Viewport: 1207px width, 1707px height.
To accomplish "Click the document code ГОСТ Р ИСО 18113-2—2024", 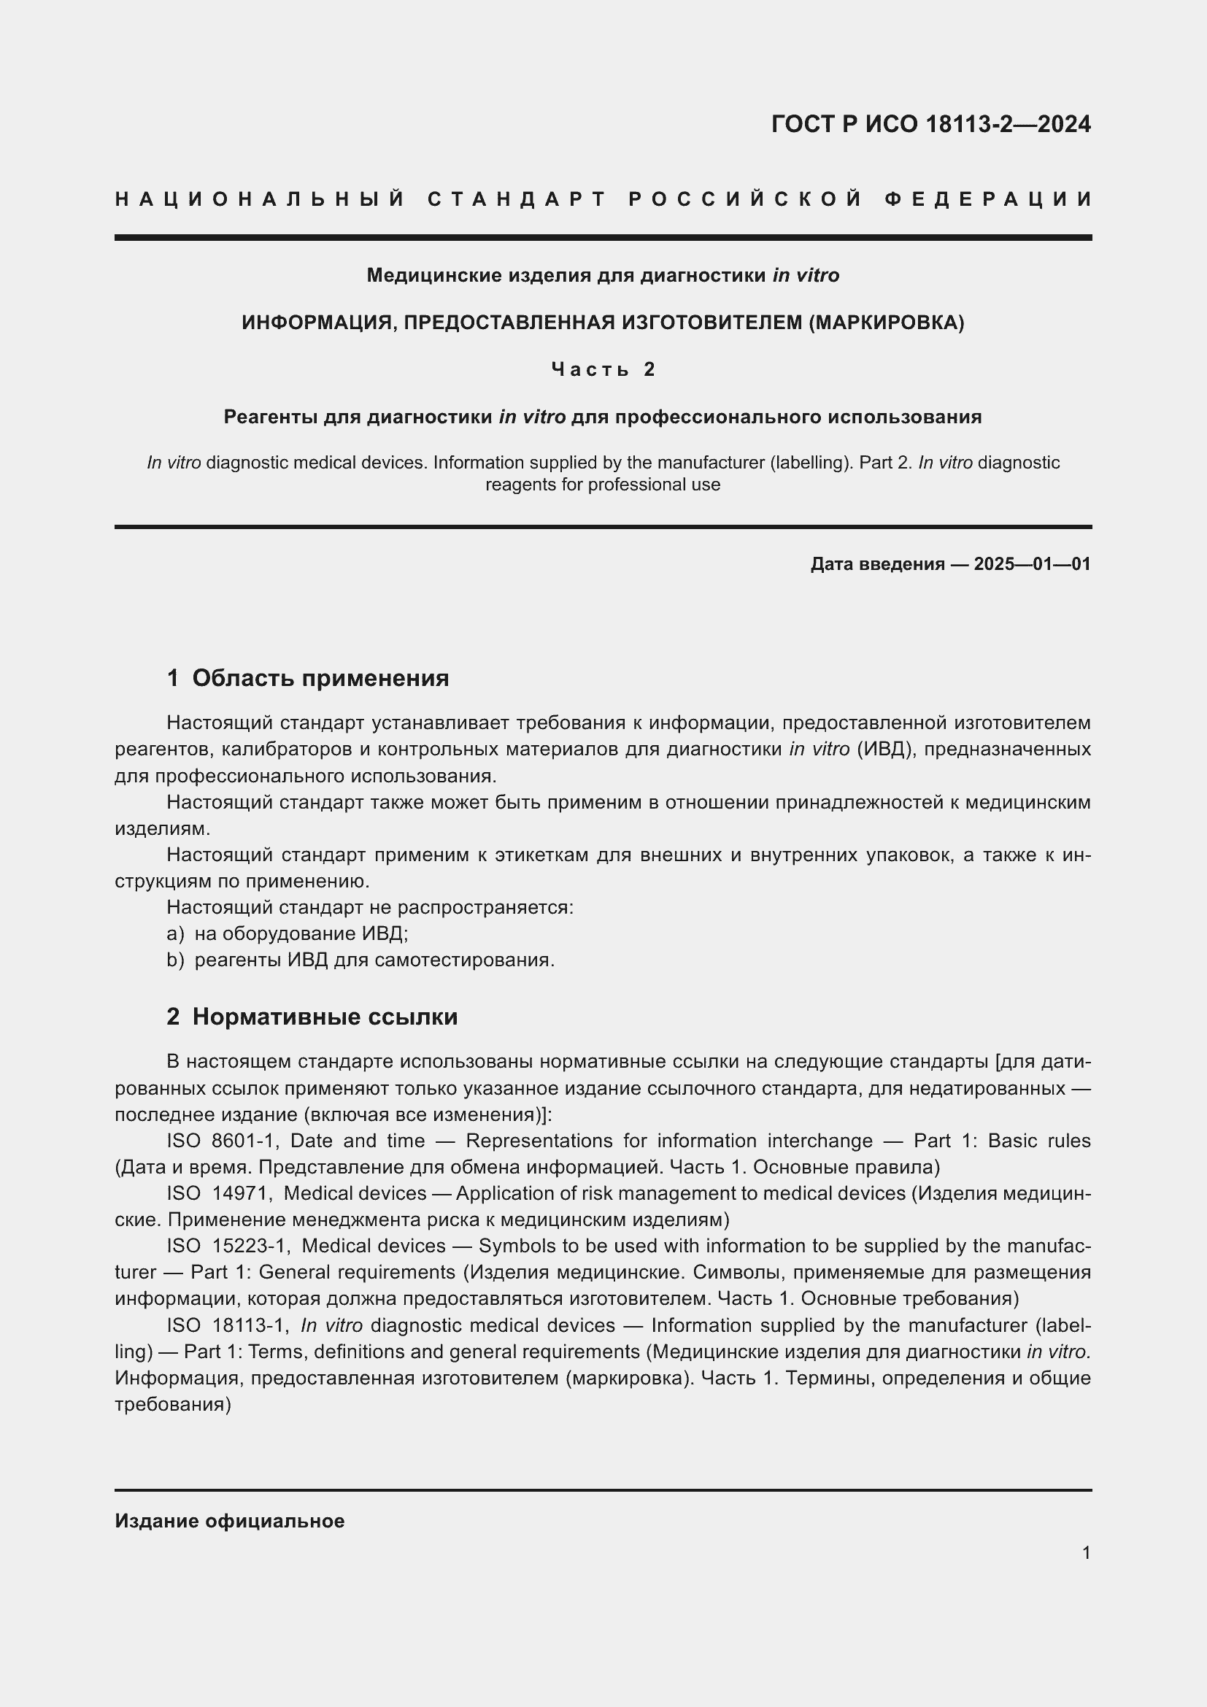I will point(930,123).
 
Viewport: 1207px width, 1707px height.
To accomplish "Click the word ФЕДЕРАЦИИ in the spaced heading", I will point(988,199).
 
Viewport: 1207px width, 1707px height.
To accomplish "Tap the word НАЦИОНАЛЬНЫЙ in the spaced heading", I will point(260,199).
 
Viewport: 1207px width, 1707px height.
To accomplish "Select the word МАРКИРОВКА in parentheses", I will point(885,323).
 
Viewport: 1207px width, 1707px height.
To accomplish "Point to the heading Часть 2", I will point(603,369).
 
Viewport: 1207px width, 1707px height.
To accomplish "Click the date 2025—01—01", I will point(1032,563).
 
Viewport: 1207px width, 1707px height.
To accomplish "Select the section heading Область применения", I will point(320,678).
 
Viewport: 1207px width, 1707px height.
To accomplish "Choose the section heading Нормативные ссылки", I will point(325,1017).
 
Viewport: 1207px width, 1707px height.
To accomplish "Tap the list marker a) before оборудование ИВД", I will point(174,934).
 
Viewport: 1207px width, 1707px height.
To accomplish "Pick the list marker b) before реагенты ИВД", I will point(174,960).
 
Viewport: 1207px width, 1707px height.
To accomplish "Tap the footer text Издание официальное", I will point(230,1520).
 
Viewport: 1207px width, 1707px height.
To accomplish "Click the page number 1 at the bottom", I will point(1086,1552).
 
